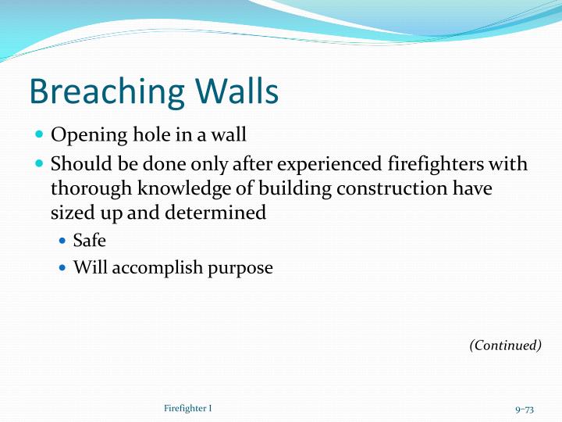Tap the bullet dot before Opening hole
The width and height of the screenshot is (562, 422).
[40, 135]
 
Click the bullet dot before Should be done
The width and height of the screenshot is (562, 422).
[40, 165]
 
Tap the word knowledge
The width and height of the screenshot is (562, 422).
[176, 189]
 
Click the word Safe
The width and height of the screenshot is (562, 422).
[89, 241]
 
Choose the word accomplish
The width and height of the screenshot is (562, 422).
[152, 268]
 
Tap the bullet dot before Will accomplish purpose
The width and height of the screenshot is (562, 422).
[63, 268]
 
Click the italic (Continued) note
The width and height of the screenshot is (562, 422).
[505, 345]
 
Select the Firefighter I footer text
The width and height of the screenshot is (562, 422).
[188, 409]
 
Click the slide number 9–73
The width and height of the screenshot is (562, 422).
[524, 409]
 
